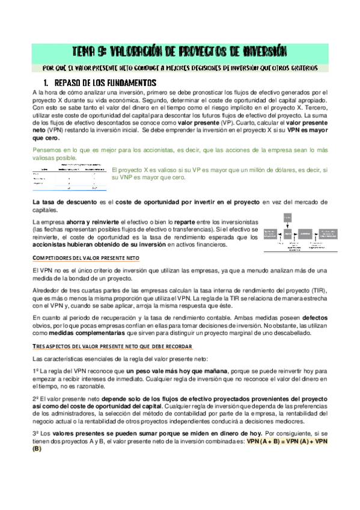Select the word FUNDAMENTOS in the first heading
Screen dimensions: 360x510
[x=124, y=82]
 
